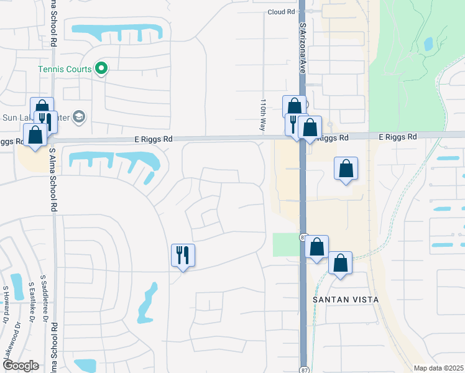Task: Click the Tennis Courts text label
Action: [65, 69]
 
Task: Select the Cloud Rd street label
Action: [281, 12]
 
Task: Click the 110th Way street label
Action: [264, 114]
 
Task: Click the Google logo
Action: [21, 366]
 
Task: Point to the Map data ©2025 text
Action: [438, 368]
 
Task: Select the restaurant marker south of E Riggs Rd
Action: [183, 256]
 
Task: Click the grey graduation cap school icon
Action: [79, 116]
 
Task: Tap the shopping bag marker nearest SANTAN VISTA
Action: [340, 263]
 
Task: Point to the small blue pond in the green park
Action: [428, 44]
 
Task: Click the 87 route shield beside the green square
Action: [304, 237]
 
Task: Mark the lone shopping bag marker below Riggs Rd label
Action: [346, 168]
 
